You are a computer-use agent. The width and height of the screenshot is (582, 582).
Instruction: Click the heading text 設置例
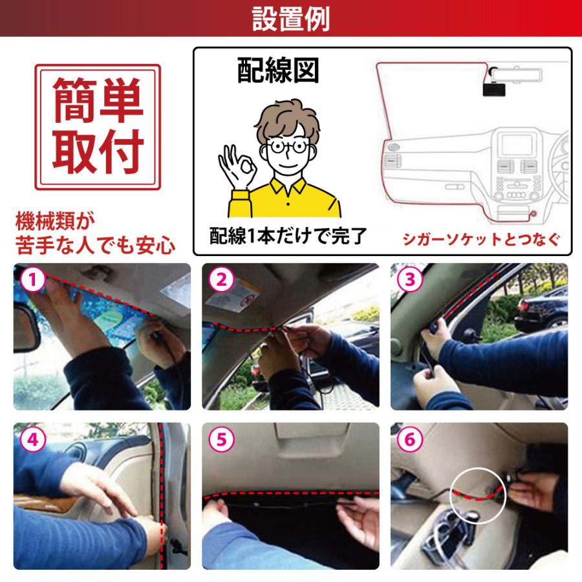(290, 19)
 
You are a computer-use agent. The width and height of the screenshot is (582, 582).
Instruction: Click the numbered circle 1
(32, 281)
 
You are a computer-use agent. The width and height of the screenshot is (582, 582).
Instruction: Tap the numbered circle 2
(221, 281)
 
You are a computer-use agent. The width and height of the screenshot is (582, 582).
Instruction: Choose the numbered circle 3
(410, 281)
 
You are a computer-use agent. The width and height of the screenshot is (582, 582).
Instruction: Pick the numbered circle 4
(32, 440)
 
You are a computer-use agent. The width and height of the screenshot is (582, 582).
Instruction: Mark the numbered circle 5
(221, 440)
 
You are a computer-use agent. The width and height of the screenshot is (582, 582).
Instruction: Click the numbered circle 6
(410, 440)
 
